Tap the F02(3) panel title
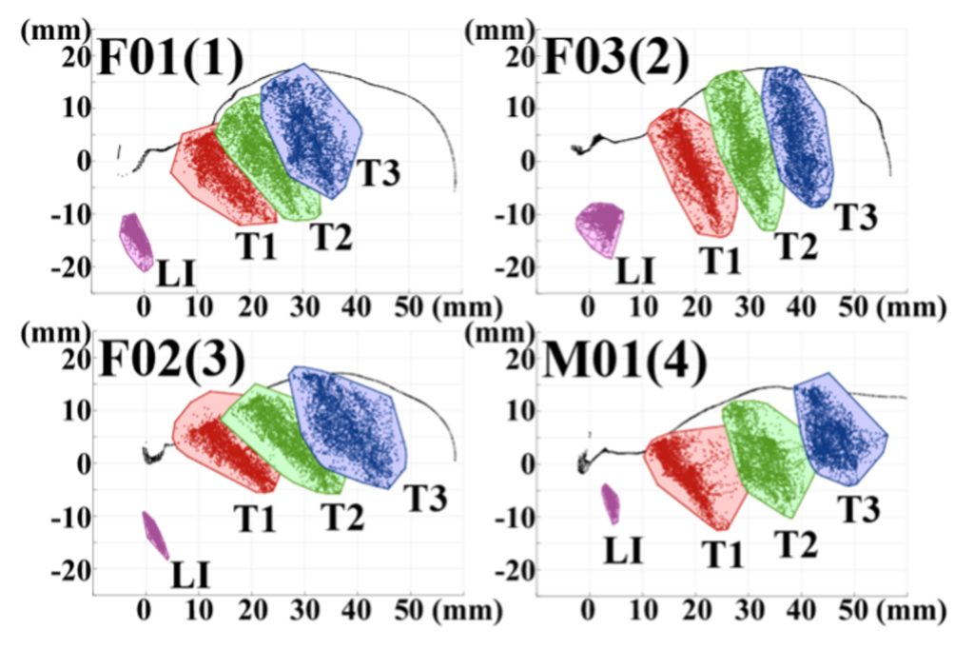[172, 362]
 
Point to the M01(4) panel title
[624, 362]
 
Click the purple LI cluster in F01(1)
[136, 242]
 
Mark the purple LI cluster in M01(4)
[611, 503]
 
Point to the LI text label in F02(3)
[190, 575]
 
